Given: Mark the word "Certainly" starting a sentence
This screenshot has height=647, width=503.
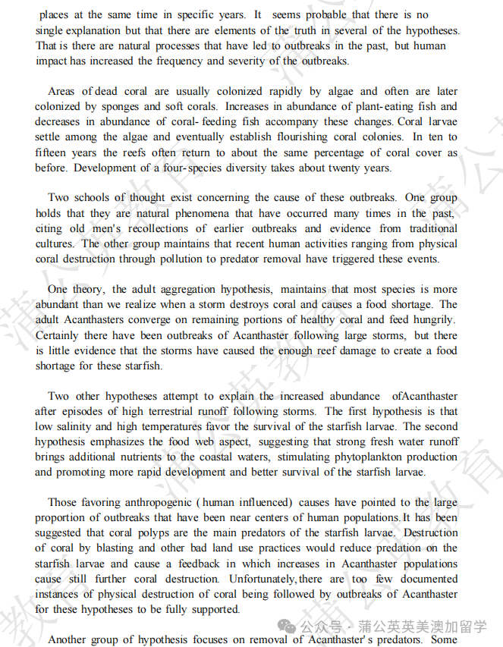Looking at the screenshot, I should click(59, 334).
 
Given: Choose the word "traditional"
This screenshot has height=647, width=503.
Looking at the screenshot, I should click(433, 228).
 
